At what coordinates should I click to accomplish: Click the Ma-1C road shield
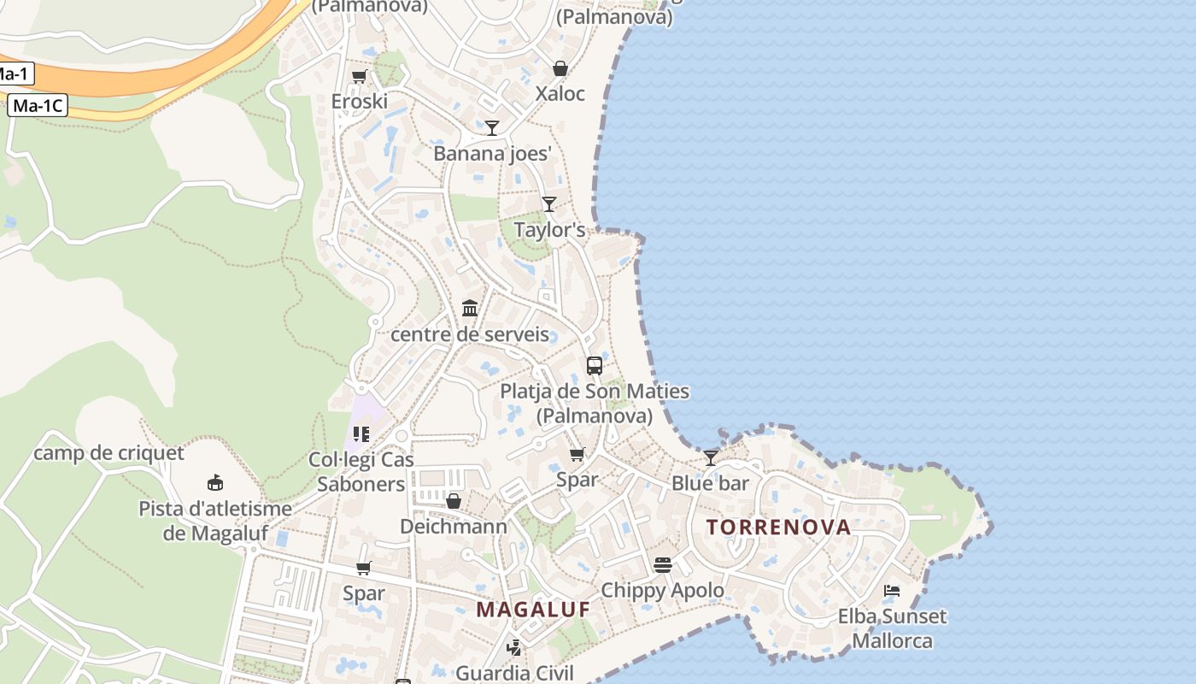click(x=38, y=106)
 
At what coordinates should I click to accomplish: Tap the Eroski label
click(x=360, y=101)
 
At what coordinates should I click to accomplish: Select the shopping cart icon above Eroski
click(x=359, y=76)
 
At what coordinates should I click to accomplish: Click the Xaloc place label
click(x=560, y=93)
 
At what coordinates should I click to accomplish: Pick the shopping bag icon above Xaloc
click(x=560, y=68)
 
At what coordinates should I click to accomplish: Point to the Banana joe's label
click(x=493, y=153)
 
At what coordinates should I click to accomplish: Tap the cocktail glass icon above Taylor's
click(x=549, y=204)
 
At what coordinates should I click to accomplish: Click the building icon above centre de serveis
click(x=470, y=308)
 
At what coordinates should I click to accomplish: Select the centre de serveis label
click(x=470, y=333)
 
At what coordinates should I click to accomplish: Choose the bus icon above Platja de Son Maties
click(x=595, y=366)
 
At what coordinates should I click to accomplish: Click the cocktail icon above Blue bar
click(x=711, y=458)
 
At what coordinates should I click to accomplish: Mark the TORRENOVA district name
click(x=779, y=527)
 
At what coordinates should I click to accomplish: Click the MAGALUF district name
click(x=534, y=610)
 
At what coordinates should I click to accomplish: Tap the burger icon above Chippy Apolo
click(x=663, y=565)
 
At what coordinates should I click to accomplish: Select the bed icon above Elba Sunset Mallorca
click(x=892, y=591)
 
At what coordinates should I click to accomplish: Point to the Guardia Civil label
click(x=515, y=672)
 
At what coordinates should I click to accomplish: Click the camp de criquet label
click(x=108, y=452)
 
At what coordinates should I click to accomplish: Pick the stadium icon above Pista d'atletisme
click(x=215, y=484)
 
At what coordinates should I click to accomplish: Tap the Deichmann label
click(x=454, y=526)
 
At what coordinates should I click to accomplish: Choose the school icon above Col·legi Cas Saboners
click(x=361, y=434)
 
